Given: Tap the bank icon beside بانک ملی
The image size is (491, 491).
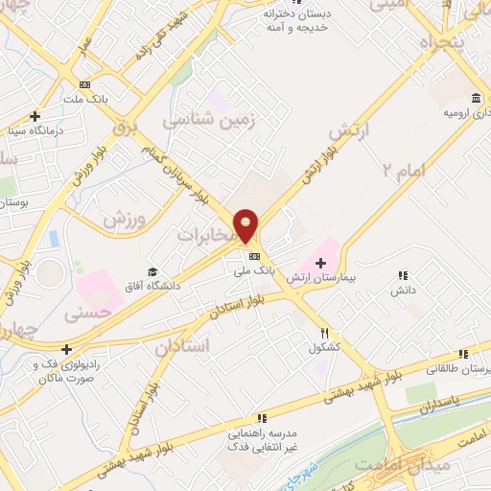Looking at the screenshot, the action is (x=254, y=256).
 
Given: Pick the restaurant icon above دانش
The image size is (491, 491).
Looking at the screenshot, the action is (x=403, y=275).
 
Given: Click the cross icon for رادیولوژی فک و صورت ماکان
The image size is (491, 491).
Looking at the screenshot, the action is (x=66, y=349).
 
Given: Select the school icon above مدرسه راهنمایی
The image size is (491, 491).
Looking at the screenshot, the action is (x=260, y=418).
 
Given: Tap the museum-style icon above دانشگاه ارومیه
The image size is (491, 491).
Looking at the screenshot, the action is (x=477, y=98).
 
